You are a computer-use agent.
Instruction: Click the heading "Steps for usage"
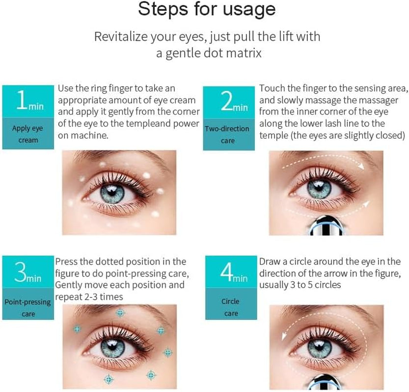click(x=207, y=9)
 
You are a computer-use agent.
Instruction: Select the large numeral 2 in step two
click(x=226, y=101)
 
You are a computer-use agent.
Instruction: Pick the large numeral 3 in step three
click(x=20, y=272)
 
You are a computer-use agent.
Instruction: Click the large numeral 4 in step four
click(x=226, y=271)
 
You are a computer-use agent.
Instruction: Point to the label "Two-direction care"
click(x=227, y=135)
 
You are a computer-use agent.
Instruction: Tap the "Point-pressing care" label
click(x=27, y=308)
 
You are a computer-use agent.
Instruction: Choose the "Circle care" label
click(x=231, y=307)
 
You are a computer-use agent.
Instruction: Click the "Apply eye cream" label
click(x=27, y=134)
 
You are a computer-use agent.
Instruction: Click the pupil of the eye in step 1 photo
click(x=112, y=193)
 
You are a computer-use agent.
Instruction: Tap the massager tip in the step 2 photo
click(x=326, y=226)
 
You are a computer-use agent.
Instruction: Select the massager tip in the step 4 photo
click(x=325, y=382)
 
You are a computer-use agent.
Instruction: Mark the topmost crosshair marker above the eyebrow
click(x=120, y=313)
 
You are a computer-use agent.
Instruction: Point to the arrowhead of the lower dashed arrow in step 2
click(x=367, y=203)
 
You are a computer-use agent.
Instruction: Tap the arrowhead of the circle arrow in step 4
click(x=284, y=337)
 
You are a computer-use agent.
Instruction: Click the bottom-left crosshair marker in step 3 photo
click(x=109, y=379)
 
